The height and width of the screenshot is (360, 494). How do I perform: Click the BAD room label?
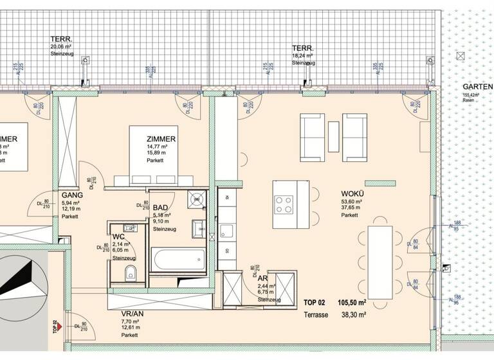pos(161,208)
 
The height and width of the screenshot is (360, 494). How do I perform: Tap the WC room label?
pos(118,236)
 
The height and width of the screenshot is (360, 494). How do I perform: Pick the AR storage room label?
pos(263,277)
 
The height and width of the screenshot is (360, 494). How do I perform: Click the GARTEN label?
pos(477,87)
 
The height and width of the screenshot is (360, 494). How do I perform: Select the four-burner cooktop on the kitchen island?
pos(283,204)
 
